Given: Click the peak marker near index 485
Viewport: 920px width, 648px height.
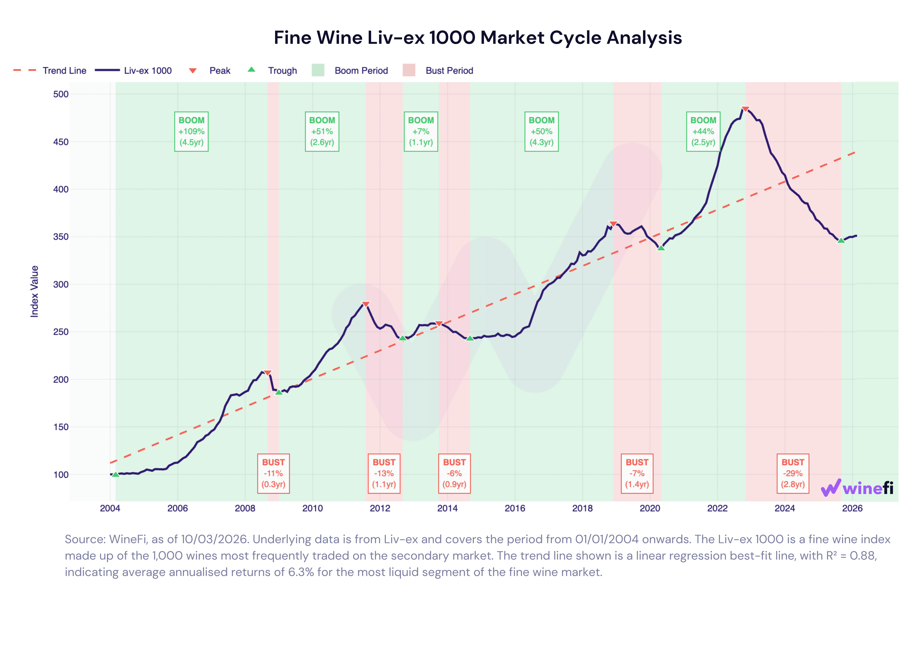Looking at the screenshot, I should click(745, 109).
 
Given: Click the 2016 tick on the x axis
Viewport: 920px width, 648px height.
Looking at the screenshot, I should click(515, 508).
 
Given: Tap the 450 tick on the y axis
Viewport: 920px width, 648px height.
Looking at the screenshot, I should click(61, 142).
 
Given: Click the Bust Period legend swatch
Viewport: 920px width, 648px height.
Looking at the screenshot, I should click(409, 71).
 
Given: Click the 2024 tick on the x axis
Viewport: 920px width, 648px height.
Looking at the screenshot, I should click(785, 508).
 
